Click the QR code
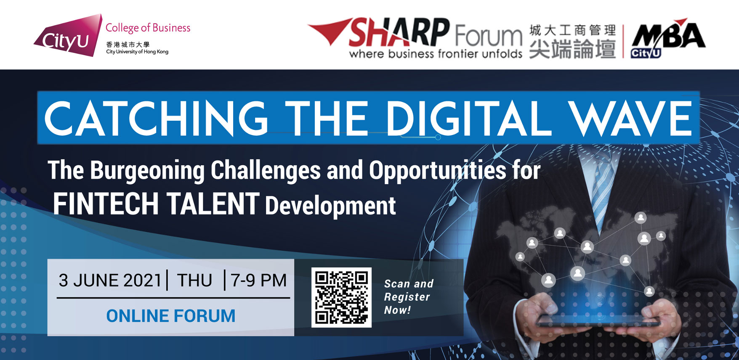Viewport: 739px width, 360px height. click(341, 297)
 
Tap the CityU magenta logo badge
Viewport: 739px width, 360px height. click(68, 36)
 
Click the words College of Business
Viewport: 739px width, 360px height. click(148, 28)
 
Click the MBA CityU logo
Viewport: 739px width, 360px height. click(668, 38)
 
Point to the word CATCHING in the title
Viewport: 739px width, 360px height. click(156, 119)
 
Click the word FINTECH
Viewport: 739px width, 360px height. click(106, 204)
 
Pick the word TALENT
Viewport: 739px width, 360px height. click(213, 204)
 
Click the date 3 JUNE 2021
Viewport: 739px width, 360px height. click(110, 281)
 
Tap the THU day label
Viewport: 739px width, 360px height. click(194, 281)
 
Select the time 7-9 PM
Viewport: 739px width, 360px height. click(258, 281)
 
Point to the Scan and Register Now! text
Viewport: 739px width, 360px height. click(409, 297)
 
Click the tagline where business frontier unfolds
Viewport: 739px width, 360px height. click(436, 54)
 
